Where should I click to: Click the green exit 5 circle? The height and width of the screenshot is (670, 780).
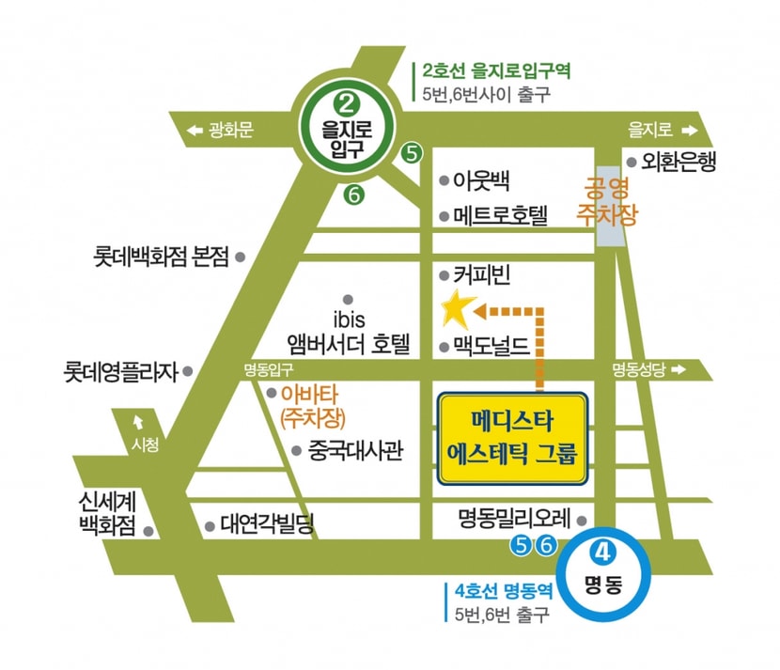[412, 153]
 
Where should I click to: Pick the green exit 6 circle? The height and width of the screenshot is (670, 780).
[353, 195]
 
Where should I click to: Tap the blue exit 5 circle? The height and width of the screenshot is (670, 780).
[521, 546]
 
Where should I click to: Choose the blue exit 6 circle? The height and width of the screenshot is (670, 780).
[546, 546]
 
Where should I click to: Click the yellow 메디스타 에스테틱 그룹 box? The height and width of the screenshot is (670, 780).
[512, 438]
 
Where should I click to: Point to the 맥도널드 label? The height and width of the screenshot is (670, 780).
[491, 347]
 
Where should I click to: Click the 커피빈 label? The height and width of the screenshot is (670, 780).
[481, 275]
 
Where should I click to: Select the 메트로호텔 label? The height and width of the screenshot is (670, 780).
[501, 216]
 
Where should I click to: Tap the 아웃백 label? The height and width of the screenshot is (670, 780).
[481, 180]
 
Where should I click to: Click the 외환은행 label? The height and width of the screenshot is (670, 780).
[679, 162]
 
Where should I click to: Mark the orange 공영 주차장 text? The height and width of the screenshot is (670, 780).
[607, 201]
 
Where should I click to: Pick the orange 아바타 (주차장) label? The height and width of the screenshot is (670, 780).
[313, 406]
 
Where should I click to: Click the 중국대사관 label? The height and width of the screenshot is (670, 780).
[355, 451]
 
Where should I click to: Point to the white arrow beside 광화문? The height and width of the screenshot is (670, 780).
[195, 131]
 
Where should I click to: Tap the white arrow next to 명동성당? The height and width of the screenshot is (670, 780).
[679, 369]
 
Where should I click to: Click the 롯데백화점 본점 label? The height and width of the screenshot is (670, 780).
[162, 257]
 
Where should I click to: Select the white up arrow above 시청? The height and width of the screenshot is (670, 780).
[138, 422]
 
